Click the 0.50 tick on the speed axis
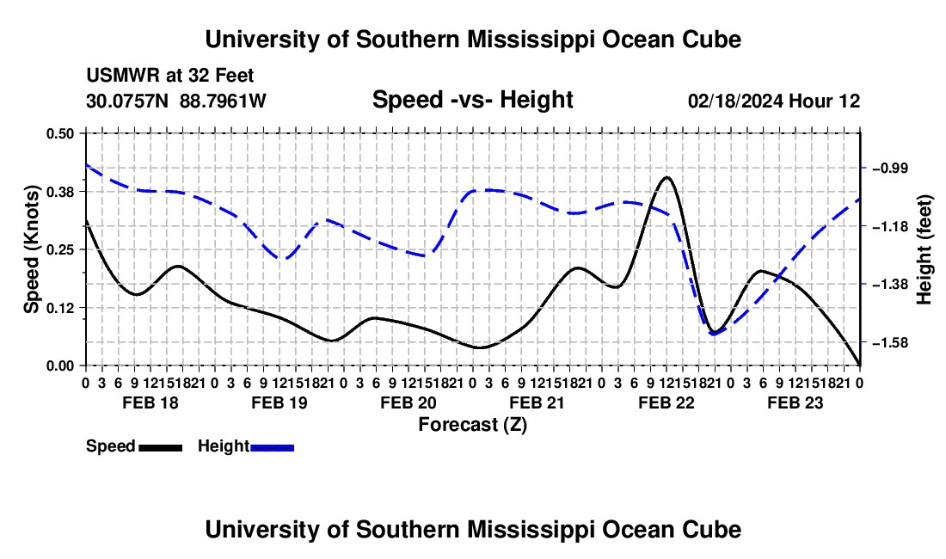pyautogui.click(x=59, y=133)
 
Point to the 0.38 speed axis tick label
pyautogui.click(x=59, y=192)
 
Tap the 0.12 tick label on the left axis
pyautogui.click(x=59, y=308)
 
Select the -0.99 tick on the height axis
pyautogui.click(x=890, y=168)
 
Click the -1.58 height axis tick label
pyautogui.click(x=890, y=342)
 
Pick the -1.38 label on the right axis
pyautogui.click(x=890, y=284)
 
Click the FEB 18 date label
pyautogui.click(x=150, y=402)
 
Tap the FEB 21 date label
pyautogui.click(x=537, y=402)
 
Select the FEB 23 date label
pyautogui.click(x=795, y=402)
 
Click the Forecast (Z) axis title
pyautogui.click(x=473, y=425)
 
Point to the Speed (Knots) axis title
pyautogui.click(x=31, y=249)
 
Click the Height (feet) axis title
pyautogui.click(x=924, y=249)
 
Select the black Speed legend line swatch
pyautogui.click(x=161, y=447)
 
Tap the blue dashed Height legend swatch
pyautogui.click(x=272, y=447)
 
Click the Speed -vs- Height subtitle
pyautogui.click(x=472, y=100)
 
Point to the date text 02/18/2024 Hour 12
pyautogui.click(x=774, y=101)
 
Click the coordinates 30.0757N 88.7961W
pyautogui.click(x=176, y=101)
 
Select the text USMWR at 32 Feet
pyautogui.click(x=170, y=76)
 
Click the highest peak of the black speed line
pyautogui.click(x=666, y=177)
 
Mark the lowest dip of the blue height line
pyautogui.click(x=714, y=334)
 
